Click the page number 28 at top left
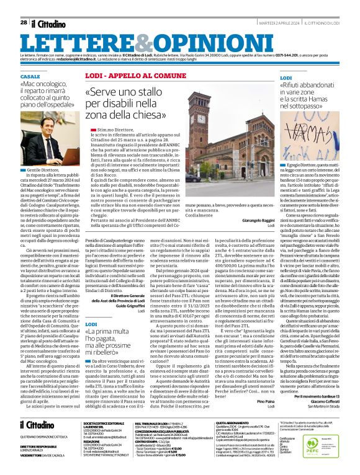(23, 22)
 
